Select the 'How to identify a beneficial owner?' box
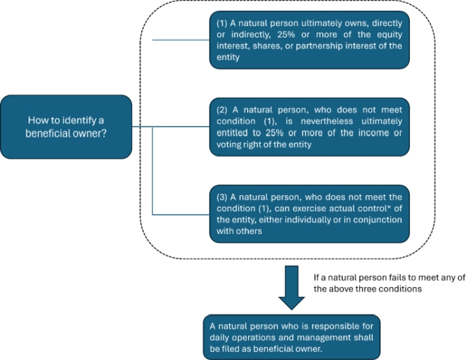pyautogui.click(x=65, y=127)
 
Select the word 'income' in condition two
pyautogui.click(x=373, y=132)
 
